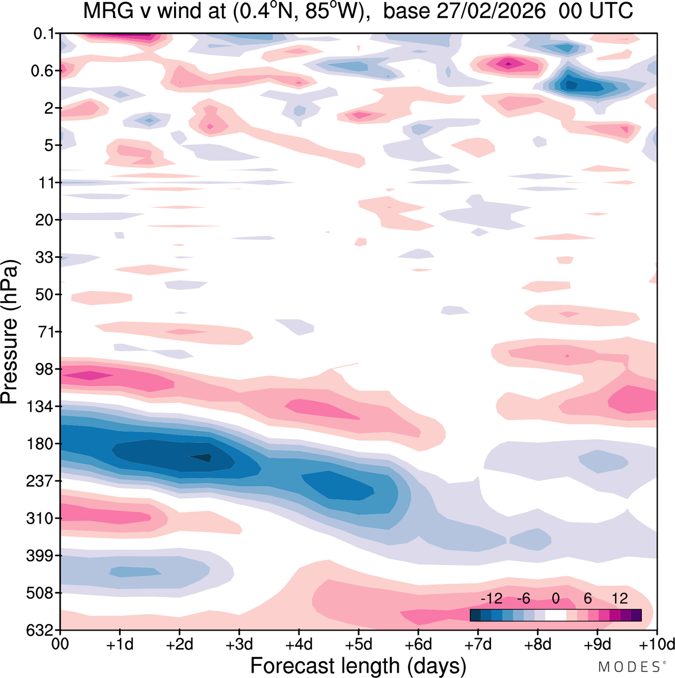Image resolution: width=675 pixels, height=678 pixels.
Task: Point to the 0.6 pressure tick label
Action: [x=43, y=71]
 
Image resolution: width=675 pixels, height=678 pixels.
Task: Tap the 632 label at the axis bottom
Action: [x=41, y=631]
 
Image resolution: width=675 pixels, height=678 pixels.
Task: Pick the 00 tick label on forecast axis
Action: [x=61, y=644]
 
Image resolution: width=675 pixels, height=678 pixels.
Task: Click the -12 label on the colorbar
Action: [x=491, y=598]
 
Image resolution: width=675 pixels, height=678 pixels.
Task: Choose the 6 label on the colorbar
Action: [x=587, y=598]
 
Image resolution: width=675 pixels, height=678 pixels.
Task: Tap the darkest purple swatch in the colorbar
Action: [x=635, y=615]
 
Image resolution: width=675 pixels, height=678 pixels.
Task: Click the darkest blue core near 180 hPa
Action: [x=201, y=458]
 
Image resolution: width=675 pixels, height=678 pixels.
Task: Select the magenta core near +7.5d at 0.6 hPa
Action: [x=508, y=64]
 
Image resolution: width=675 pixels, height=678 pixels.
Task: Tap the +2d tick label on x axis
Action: [x=180, y=644]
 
